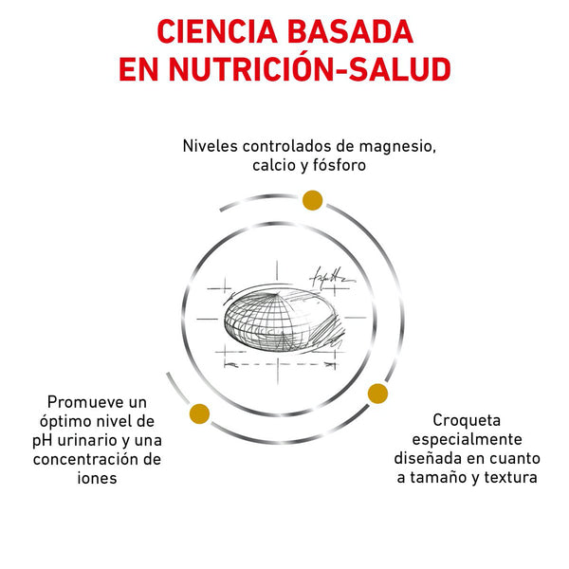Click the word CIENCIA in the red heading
tap(217, 32)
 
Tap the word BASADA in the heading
tap(350, 32)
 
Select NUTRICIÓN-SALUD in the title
tap(310, 68)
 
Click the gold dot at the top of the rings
tap(312, 200)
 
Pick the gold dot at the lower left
tap(199, 413)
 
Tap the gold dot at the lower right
tap(377, 394)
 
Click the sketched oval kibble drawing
tap(281, 321)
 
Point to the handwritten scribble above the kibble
tap(331, 278)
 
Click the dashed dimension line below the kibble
tap(280, 363)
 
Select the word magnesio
tap(397, 146)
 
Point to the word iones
tap(97, 478)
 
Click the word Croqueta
tap(467, 420)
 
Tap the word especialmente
tap(467, 439)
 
